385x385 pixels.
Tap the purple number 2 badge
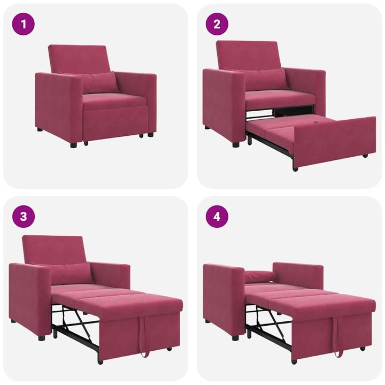[217, 24]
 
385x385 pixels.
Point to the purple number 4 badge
[217, 217]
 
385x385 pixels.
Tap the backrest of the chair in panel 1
[80, 59]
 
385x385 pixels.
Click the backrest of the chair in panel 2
[249, 55]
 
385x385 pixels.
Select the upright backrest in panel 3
[55, 249]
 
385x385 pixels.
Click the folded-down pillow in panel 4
[259, 276]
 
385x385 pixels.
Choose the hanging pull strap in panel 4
[337, 342]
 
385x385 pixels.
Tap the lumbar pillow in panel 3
[72, 274]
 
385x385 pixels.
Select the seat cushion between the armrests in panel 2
[278, 98]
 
